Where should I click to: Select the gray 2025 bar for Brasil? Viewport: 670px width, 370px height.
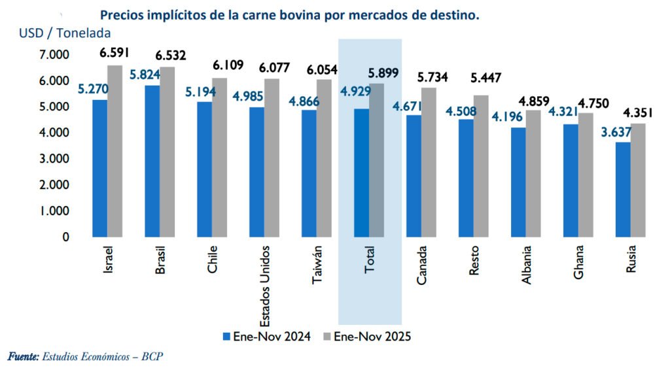point(167,152)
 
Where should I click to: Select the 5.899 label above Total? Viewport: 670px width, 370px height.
point(384,73)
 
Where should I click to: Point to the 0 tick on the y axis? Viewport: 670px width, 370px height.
point(65,237)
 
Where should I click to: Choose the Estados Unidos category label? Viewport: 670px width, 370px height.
point(264,287)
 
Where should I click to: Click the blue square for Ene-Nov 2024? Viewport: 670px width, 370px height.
point(226,336)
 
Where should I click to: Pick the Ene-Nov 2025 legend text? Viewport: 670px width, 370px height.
point(372,336)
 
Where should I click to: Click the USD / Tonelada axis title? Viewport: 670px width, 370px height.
point(65,33)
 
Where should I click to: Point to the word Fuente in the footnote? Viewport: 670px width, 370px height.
point(22,357)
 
